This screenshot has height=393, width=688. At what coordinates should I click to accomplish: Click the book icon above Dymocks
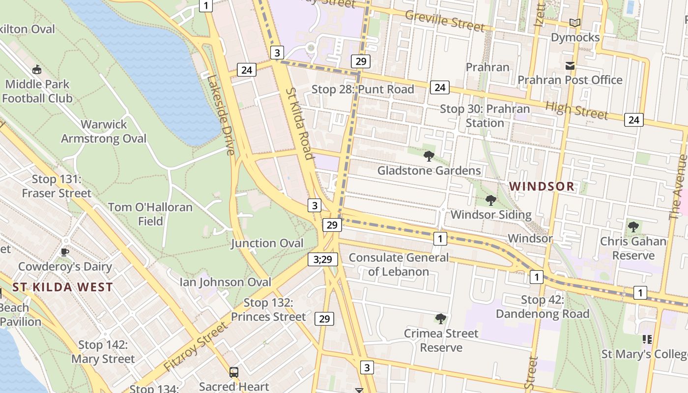point(574,23)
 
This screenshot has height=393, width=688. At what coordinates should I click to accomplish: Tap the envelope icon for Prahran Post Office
point(570,65)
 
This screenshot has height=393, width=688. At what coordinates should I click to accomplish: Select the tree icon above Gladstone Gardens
point(429,156)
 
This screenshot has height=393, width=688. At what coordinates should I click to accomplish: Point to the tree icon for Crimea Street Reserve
point(441,319)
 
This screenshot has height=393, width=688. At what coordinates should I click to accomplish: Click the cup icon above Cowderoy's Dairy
point(64,252)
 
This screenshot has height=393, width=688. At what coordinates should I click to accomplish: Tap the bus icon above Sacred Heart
point(234,372)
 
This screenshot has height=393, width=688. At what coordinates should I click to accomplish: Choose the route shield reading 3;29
point(323,259)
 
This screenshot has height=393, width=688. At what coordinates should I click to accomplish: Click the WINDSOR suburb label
point(542,186)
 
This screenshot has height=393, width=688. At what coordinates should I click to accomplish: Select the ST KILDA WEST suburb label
point(63,287)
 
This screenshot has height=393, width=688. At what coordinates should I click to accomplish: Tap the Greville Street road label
point(444,20)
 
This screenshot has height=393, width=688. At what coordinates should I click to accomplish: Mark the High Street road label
point(576,110)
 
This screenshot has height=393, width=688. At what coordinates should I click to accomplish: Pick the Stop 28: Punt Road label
point(363,89)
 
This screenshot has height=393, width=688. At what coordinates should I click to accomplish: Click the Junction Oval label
point(267,243)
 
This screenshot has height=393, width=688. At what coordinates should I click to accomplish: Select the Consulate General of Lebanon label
point(399,264)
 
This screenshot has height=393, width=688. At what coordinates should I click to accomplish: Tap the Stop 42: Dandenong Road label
point(543,307)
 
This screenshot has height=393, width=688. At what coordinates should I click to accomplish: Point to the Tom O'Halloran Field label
point(150,214)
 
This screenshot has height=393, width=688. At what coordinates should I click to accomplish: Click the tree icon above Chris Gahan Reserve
point(633,227)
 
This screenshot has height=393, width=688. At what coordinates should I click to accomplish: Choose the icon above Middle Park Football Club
point(37,69)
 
